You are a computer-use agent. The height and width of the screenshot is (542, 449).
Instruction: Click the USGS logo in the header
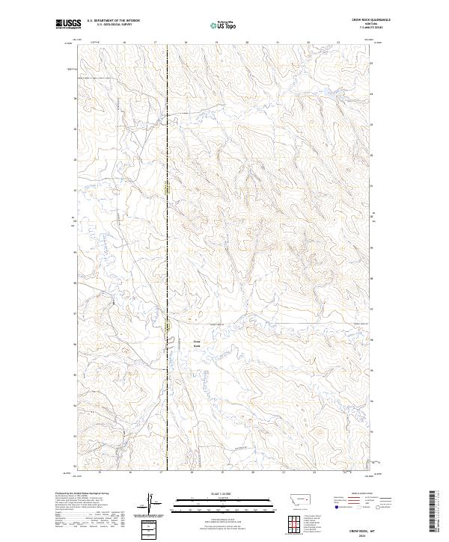pos(68,24)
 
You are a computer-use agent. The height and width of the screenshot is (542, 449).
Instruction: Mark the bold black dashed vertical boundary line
pos(167,224)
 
